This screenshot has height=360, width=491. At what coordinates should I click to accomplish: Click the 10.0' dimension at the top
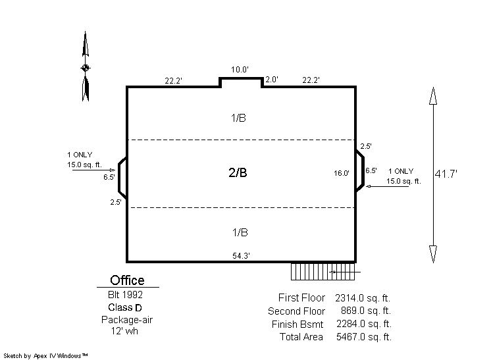[x=240, y=70]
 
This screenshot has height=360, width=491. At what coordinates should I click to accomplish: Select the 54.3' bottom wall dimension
[x=241, y=256]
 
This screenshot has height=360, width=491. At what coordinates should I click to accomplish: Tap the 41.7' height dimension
[x=446, y=174]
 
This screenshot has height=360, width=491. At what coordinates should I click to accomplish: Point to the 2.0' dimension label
[x=271, y=80]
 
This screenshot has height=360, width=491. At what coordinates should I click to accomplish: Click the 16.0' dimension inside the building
[x=342, y=173]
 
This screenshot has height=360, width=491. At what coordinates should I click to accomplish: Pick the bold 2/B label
[x=238, y=172]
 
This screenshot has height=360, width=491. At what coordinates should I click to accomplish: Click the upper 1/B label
[x=238, y=118]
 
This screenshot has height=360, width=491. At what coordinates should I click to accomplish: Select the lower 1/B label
[x=240, y=232]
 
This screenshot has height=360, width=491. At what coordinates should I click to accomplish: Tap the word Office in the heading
[x=127, y=280]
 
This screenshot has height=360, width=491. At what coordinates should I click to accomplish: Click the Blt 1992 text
[x=125, y=295]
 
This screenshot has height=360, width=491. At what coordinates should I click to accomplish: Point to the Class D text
[x=125, y=307]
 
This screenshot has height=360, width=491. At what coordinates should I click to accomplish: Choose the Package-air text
[x=127, y=320]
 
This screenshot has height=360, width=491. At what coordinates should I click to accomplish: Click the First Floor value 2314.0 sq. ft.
[x=363, y=297]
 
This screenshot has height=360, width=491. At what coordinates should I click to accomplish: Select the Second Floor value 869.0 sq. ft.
[x=366, y=311]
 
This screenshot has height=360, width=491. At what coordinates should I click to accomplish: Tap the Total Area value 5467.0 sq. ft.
[x=364, y=337]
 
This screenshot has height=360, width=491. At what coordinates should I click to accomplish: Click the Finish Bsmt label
[x=297, y=324]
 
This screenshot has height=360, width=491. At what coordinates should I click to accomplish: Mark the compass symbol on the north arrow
[x=85, y=68]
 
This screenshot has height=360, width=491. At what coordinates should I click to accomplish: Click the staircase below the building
[x=323, y=272]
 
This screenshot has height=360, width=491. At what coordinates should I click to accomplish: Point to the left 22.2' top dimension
[x=174, y=81]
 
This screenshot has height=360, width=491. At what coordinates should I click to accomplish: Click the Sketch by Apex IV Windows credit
[x=45, y=355]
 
